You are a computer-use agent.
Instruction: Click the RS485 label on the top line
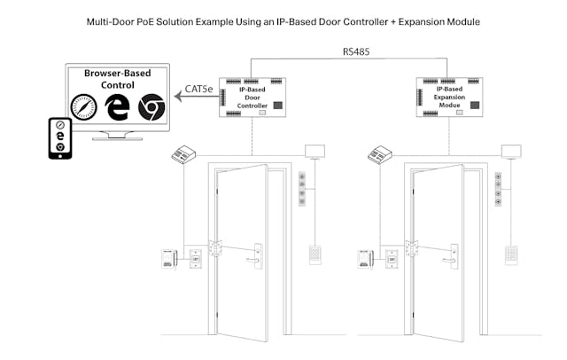356,51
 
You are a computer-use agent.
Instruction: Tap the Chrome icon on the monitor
151,108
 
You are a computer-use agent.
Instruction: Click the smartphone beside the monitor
60,138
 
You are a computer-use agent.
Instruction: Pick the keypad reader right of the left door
315,254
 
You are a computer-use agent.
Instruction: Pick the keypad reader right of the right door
512,254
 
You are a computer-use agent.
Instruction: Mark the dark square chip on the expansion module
474,105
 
